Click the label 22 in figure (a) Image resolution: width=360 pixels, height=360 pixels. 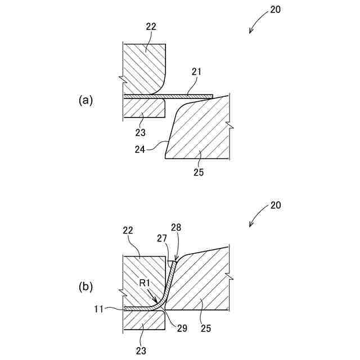click(150, 26)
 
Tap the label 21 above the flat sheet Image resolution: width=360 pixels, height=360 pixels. click(196, 71)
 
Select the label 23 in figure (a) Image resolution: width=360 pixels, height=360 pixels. click(140, 132)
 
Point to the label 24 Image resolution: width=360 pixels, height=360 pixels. click(141, 150)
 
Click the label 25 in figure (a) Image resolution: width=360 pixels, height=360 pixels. click(199, 172)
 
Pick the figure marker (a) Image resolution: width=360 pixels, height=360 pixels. click(85, 100)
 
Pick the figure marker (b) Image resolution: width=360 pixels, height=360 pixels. click(85, 286)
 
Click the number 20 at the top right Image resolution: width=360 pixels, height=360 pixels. click(275, 10)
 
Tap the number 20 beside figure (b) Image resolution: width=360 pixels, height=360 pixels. click(275, 205)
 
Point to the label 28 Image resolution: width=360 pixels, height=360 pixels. click(176, 227)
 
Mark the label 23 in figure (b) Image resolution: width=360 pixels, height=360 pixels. click(140, 350)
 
